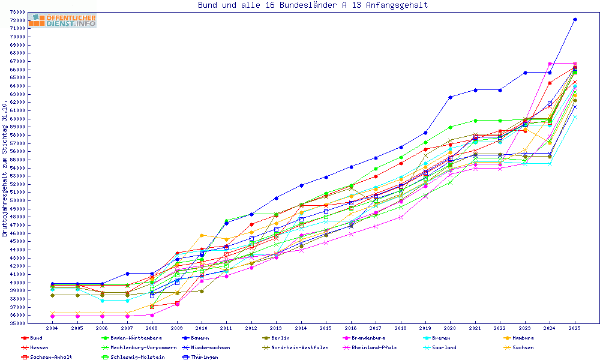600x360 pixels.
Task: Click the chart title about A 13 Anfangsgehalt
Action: click(x=313, y=5)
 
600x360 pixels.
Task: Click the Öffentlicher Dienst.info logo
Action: click(x=62, y=20)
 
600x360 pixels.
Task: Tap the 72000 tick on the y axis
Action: click(x=17, y=20)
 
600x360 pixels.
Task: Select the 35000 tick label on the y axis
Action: click(x=17, y=323)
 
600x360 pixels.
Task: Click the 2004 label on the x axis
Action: click(x=52, y=329)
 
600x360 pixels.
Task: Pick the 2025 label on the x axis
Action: click(x=575, y=329)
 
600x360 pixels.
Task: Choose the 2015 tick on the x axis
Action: click(x=326, y=329)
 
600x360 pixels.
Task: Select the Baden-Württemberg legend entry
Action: click(x=132, y=338)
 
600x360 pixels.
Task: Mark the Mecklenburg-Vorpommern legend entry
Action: click(x=143, y=347)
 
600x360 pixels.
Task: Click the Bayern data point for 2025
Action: click(x=575, y=20)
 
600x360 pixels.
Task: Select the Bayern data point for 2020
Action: click(x=450, y=97)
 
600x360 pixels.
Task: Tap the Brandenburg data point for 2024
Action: click(x=550, y=64)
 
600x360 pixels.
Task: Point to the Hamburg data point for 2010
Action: click(x=202, y=235)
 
